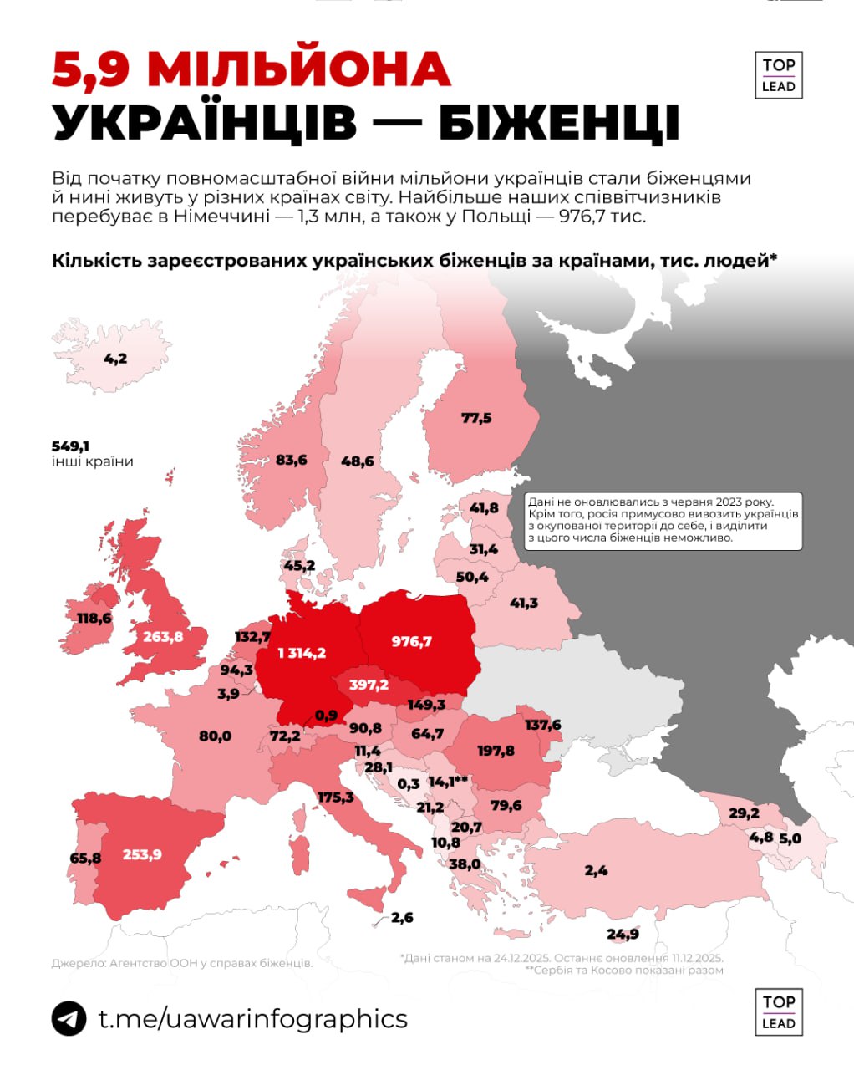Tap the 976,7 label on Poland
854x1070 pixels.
[x=411, y=641]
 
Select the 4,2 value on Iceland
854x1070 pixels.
[x=115, y=359]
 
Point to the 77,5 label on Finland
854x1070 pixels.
[x=476, y=418]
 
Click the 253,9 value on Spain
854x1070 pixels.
[x=142, y=854]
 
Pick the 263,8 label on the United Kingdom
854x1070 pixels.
[x=163, y=636]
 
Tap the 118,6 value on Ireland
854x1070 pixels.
[x=94, y=618]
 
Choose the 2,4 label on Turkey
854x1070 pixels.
[x=596, y=870]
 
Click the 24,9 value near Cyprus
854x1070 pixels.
[x=623, y=934]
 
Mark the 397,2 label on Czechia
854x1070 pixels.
[x=369, y=685]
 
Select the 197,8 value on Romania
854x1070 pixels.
[x=496, y=751]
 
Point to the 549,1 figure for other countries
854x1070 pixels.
[x=70, y=446]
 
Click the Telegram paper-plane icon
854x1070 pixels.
[x=69, y=1019]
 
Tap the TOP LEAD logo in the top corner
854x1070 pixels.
[x=778, y=75]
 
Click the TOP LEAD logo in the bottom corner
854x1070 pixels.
[x=778, y=1011]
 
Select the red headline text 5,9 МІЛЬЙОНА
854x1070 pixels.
[x=252, y=69]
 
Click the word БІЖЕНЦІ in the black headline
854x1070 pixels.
[x=559, y=124]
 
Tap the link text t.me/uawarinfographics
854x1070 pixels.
[x=252, y=1019]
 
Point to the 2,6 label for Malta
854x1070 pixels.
[x=402, y=917]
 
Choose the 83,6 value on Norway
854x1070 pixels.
[x=291, y=460]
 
